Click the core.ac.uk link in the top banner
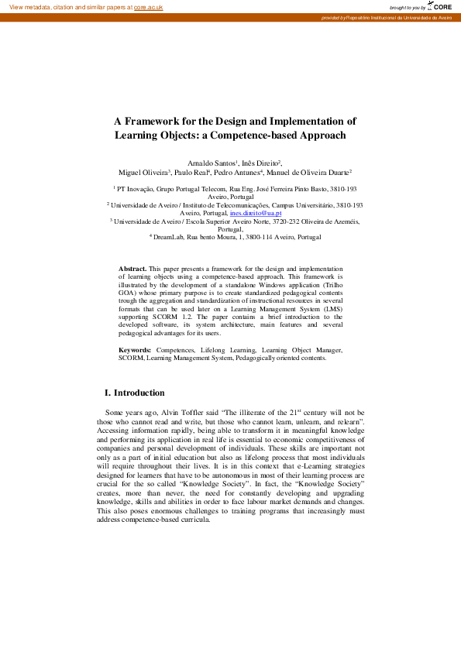tap(148, 6)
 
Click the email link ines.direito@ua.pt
tap(256, 212)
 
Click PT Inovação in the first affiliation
tap(136, 188)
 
